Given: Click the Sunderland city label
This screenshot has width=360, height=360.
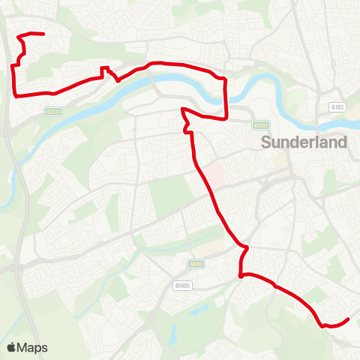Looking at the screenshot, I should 304,142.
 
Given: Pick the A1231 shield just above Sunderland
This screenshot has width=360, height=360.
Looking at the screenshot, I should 259,125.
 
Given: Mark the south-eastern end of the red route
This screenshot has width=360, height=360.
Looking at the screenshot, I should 349,320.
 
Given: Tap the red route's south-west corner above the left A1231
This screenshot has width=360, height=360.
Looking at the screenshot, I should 16,94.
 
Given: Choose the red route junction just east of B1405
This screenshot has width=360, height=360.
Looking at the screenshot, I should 241,277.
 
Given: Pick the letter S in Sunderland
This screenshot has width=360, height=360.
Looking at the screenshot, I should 265,142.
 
